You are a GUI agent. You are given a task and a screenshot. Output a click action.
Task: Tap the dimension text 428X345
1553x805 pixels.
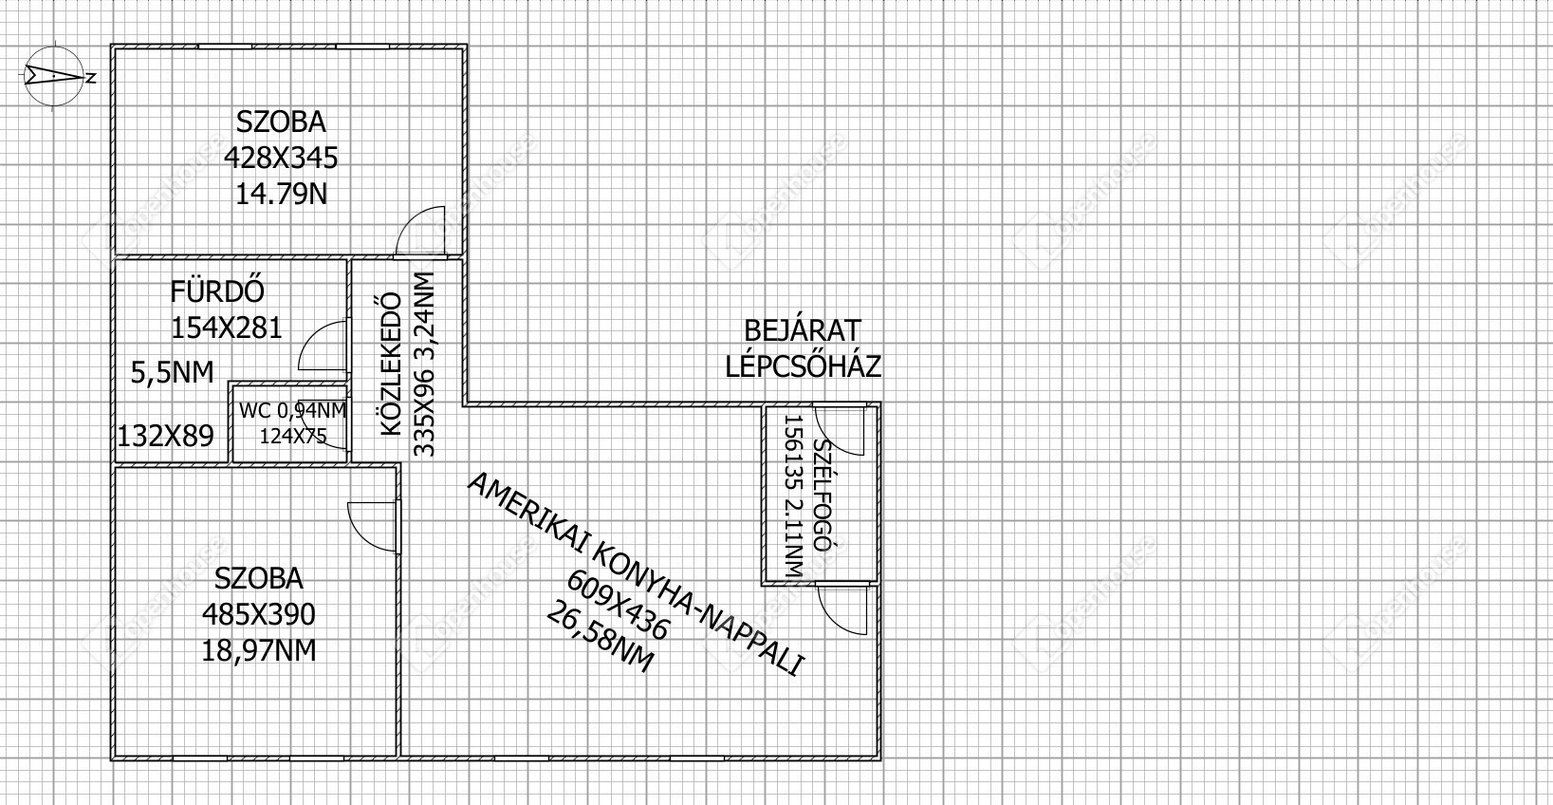281,158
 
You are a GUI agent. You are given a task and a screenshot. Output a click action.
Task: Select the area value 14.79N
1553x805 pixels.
281,194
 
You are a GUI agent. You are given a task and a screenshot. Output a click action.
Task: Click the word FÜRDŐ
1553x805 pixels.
217,291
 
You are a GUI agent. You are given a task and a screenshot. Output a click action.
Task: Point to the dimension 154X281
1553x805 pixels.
227,328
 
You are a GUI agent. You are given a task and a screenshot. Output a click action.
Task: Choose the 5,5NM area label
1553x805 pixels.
173,372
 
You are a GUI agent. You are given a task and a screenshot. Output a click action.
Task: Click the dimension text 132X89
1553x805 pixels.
165,437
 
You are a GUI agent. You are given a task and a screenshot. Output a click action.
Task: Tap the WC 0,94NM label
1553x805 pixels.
293,411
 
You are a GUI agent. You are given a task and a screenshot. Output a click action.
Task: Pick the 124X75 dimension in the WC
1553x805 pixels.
293,437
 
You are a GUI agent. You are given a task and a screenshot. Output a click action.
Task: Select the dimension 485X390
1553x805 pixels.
258,614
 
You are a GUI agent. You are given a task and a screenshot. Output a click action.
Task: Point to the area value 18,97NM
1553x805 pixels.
259,650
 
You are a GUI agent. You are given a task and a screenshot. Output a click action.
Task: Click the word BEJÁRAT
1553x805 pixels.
803,330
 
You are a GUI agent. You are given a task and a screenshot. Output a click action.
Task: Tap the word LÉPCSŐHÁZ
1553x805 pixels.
804,366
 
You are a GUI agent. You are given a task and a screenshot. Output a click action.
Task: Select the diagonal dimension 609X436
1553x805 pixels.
619,605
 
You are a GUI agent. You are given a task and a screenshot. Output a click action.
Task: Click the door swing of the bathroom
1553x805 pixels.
323,346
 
